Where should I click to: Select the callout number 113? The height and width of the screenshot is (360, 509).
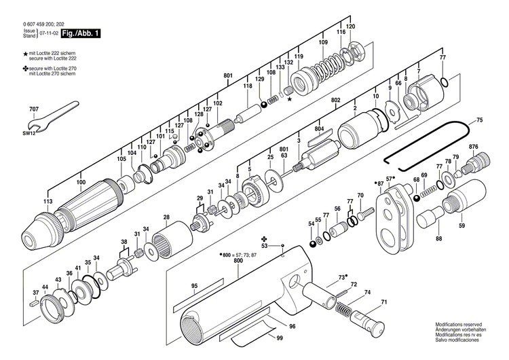[48, 202]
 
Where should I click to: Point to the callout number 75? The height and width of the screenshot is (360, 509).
[479, 120]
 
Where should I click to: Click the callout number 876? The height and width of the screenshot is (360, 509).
[473, 147]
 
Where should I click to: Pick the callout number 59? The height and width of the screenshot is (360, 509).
[462, 226]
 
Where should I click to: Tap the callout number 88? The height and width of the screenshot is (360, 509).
[439, 238]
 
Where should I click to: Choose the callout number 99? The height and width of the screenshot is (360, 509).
[279, 338]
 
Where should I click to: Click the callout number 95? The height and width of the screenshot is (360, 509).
[194, 286]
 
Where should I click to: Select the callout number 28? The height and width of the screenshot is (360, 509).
[166, 217]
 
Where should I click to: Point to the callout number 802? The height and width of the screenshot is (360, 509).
[335, 100]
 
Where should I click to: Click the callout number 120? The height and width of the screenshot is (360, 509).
[350, 26]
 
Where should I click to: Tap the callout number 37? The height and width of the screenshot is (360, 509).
[35, 293]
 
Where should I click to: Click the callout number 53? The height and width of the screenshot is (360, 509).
[265, 246]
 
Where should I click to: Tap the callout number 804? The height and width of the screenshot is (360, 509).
[319, 128]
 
